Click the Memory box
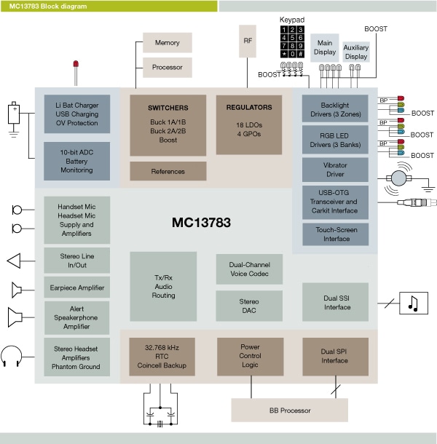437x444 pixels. tap(167, 42)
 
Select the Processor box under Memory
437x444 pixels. tap(167, 67)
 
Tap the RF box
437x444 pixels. tap(248, 42)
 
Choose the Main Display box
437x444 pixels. tap(325, 47)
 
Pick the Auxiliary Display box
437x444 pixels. tap(356, 51)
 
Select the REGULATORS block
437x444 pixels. tap(248, 124)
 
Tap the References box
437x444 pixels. tap(168, 171)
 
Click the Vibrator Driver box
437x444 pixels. tap(335, 170)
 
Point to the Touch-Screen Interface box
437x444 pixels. tap(335, 234)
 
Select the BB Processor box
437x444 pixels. tap(289, 410)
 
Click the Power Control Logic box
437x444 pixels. tap(250, 357)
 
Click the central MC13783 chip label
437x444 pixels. tap(201, 222)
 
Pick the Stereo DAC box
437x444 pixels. tap(248, 306)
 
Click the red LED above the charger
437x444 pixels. tap(76, 66)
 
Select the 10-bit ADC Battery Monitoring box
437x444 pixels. tap(76, 161)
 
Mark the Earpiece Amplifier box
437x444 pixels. tap(76, 288)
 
